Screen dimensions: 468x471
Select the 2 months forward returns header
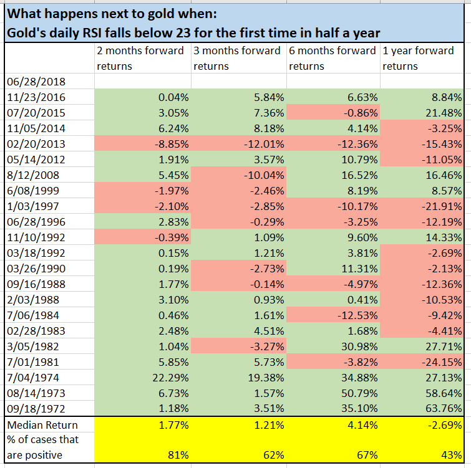[140, 58]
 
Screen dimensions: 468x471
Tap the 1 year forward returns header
[419, 58]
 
